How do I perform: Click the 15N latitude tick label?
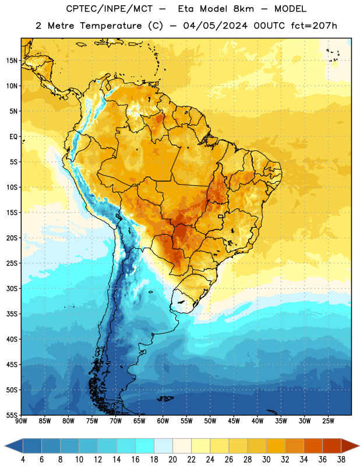pyautogui.click(x=12, y=61)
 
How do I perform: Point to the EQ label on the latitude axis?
pyautogui.click(x=13, y=137)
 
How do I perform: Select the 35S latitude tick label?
pyautogui.click(x=12, y=314)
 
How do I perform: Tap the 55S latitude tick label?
pyautogui.click(x=12, y=415)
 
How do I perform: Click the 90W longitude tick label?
pyautogui.click(x=21, y=421)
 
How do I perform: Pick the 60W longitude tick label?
pyautogui.click(x=163, y=421)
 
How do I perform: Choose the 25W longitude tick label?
pyautogui.click(x=328, y=421)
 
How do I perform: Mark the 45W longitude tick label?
pyautogui.click(x=234, y=421)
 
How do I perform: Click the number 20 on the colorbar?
pyautogui.click(x=172, y=460)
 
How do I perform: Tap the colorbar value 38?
pyautogui.click(x=341, y=460)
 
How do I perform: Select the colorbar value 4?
pyautogui.click(x=23, y=460)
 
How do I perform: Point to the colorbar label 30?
pyautogui.click(x=266, y=460)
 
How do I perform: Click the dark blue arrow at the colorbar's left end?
pyautogui.click(x=14, y=446)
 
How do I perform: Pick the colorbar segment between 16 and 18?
pyautogui.click(x=145, y=446)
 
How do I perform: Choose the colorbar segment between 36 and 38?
pyautogui.click(x=332, y=446)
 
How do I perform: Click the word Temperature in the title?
pyautogui.click(x=111, y=26)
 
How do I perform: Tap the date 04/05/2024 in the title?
pyautogui.click(x=215, y=26)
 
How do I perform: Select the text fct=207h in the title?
pyautogui.click(x=314, y=26)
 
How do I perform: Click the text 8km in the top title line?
pyautogui.click(x=243, y=9)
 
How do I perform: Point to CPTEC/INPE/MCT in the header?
pyautogui.click(x=109, y=9)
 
